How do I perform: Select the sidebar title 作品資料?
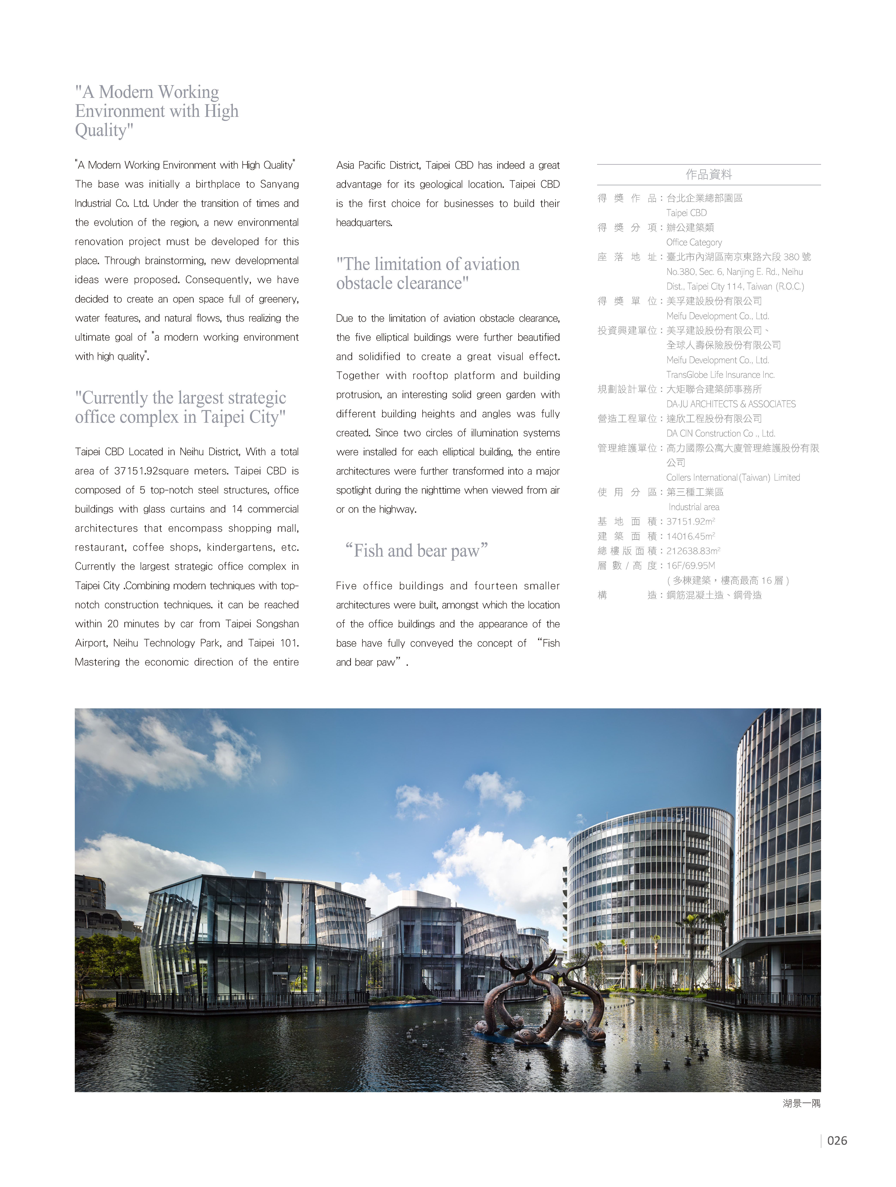coord(709,174)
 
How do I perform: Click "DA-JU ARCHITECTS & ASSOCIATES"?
coord(731,404)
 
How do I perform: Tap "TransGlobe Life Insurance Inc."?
coord(720,375)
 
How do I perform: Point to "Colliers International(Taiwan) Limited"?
coord(733,478)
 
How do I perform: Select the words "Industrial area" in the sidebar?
coord(694,507)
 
